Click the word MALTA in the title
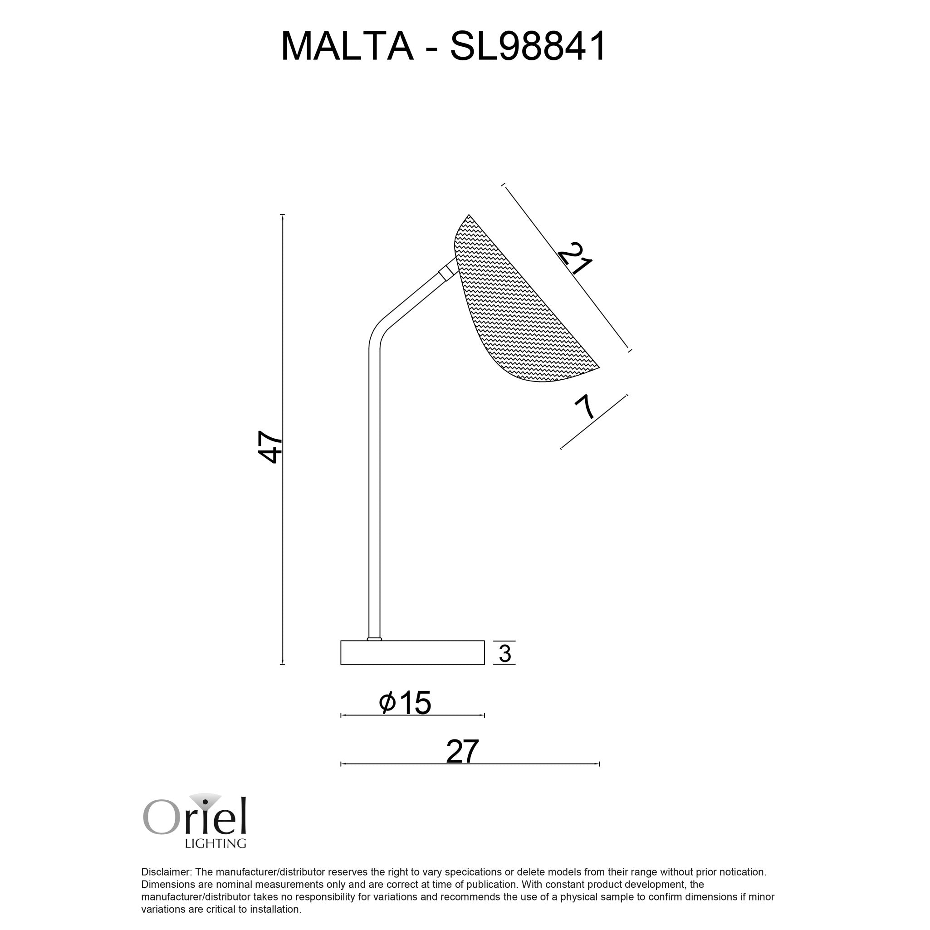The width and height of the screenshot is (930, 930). (x=347, y=47)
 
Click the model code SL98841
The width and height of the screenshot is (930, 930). (x=528, y=47)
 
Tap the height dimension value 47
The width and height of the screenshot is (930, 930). (x=270, y=447)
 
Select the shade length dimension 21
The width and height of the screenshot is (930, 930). (x=575, y=258)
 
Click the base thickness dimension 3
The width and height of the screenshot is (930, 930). (x=504, y=654)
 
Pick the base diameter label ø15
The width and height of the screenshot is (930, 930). (x=405, y=703)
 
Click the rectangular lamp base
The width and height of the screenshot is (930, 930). (x=412, y=653)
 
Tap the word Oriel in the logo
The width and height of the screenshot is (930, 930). (x=195, y=818)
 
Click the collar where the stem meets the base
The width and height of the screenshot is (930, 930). (x=374, y=639)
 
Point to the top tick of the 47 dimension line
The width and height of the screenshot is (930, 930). (x=283, y=215)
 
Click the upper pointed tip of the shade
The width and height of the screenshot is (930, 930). (x=469, y=215)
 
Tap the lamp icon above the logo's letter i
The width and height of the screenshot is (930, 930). (x=205, y=801)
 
